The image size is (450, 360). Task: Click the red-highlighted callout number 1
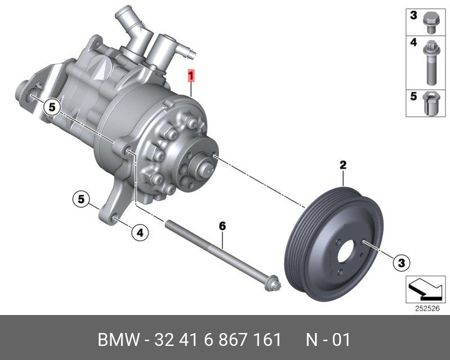[x=191, y=75]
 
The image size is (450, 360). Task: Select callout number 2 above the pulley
[x=343, y=165]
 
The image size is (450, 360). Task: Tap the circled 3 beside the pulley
[x=402, y=263]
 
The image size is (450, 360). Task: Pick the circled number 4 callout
[x=139, y=232]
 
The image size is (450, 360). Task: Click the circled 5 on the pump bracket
[x=52, y=107]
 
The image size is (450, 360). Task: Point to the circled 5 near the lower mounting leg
[x=81, y=199]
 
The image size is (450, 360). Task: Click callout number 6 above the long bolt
[x=222, y=226]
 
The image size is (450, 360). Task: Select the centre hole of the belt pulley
[x=346, y=251]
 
